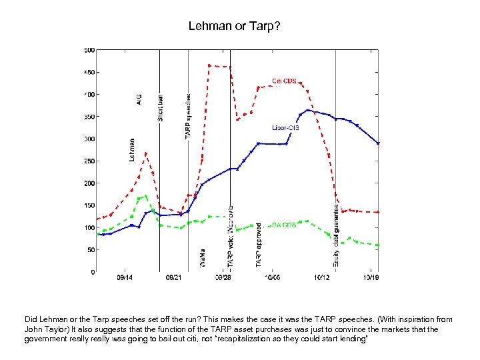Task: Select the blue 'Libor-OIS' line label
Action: coord(285,127)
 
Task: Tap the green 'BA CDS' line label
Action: coord(284,225)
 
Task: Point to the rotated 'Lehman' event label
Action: coord(132,150)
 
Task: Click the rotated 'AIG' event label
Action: coord(139,99)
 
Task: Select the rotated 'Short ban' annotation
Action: coord(160,107)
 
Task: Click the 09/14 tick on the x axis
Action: coord(124,277)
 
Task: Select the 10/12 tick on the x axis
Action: coord(323,277)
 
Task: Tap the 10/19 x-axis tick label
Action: coord(371,277)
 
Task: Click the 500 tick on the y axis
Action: coord(89,50)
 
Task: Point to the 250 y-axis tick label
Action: coord(89,161)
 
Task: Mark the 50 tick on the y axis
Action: coord(90,250)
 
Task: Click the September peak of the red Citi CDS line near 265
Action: coord(146,154)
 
